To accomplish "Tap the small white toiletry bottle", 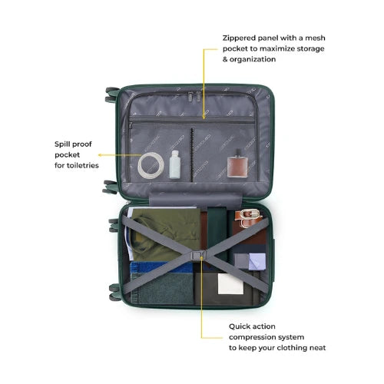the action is [175, 164].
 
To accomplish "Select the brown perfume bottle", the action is [237, 165].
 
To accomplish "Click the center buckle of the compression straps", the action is [197, 256].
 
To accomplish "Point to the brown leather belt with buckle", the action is [248, 218].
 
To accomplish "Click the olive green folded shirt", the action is [164, 234].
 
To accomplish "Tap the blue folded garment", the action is [161, 267].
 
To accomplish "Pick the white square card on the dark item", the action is [230, 283].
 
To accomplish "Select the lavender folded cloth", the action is [257, 261].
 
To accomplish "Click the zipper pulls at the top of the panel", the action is [194, 96].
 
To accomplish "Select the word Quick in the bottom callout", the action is [239, 326].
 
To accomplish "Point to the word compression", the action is [250, 337].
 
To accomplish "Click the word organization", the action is [253, 60].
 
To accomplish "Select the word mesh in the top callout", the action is [316, 38].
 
